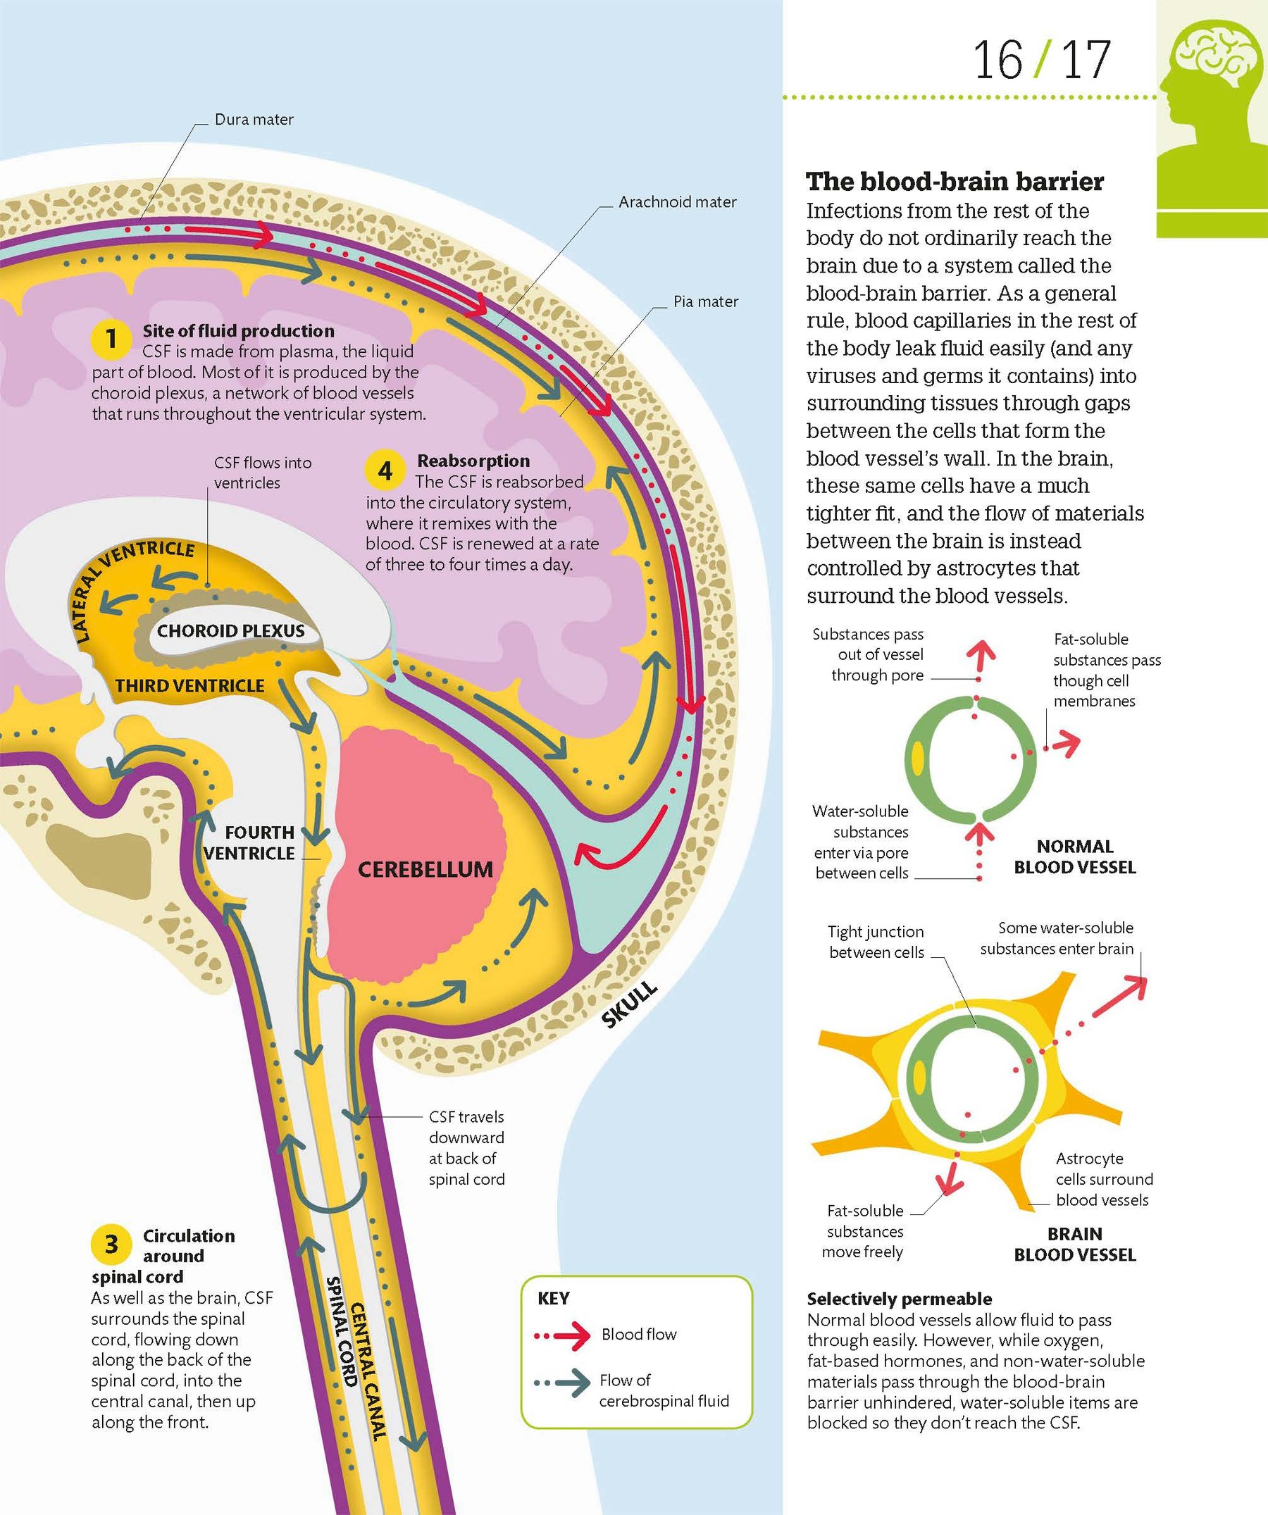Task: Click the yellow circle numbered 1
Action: [111, 337]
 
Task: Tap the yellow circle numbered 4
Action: [385, 471]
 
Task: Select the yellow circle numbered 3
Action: [111, 1244]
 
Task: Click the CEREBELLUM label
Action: [425, 869]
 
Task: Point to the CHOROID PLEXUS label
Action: [231, 630]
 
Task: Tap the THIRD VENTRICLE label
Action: [189, 685]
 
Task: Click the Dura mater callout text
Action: [254, 120]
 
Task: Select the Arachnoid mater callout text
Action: [677, 202]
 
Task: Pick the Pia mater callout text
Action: [705, 301]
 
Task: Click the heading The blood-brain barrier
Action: [954, 181]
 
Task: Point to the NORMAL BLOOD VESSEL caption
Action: [1074, 856]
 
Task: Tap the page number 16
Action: [998, 61]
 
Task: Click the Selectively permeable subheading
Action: [899, 1299]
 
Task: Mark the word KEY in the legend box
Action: [554, 1299]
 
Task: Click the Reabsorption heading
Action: [473, 461]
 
